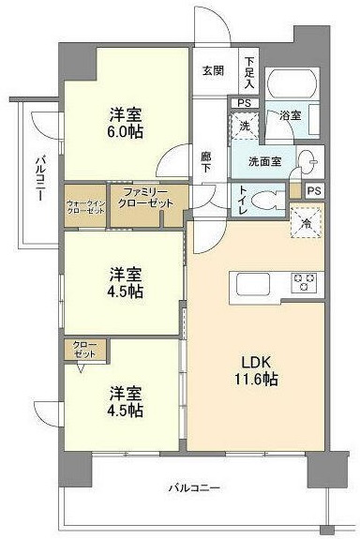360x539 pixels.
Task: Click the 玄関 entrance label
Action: (x=212, y=70)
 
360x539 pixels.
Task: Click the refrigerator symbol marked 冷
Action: (x=306, y=222)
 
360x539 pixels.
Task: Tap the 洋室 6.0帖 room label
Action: (x=125, y=124)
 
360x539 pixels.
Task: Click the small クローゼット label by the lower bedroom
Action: (x=84, y=352)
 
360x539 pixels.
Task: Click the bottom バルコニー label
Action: (x=194, y=487)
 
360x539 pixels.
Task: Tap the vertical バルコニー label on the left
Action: (x=40, y=178)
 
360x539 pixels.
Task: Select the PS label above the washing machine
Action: (x=243, y=103)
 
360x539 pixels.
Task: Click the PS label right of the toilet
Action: (x=313, y=191)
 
